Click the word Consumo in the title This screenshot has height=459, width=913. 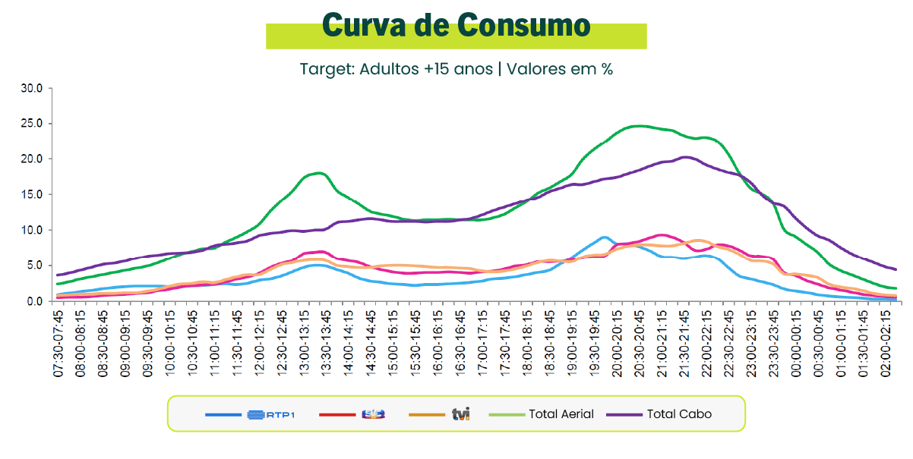pos(523,26)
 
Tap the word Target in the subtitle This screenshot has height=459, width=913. pos(326,69)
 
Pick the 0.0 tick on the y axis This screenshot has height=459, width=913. pos(35,301)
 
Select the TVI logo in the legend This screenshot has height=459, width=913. pos(461,414)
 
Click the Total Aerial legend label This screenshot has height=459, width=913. pos(562,414)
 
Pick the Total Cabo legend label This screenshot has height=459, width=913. pos(679,414)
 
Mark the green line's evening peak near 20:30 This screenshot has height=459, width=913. pos(639,126)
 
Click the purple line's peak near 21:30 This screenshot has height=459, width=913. pos(685,157)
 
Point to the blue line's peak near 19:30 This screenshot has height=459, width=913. pos(604,237)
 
